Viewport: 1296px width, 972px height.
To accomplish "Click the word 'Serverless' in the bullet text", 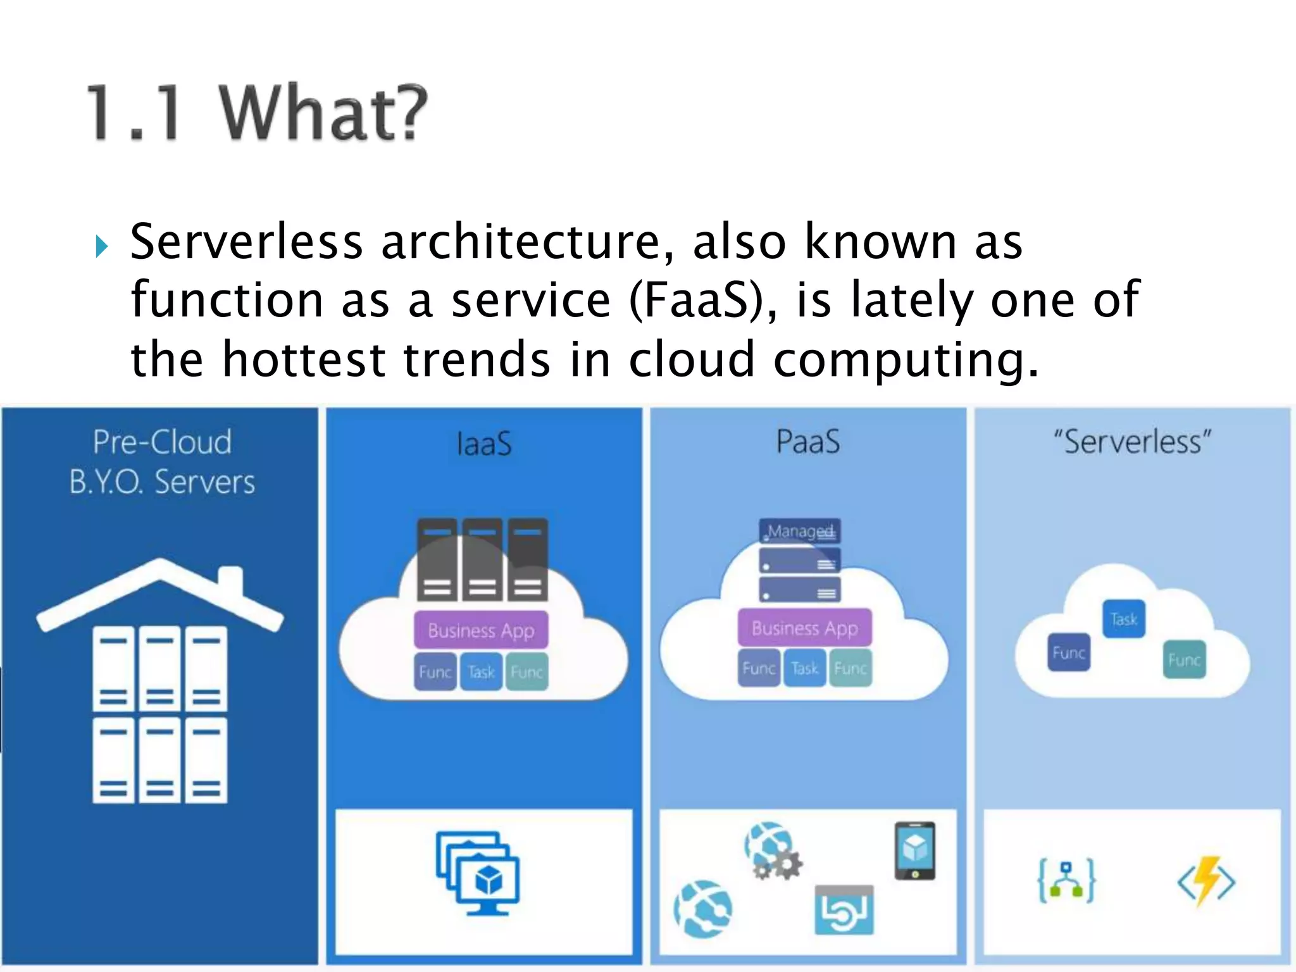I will click(x=246, y=242).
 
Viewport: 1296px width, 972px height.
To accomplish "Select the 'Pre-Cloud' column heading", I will click(x=162, y=442).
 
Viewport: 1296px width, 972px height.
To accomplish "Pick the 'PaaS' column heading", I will click(x=808, y=442).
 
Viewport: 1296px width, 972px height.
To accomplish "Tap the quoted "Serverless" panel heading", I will click(x=1131, y=442).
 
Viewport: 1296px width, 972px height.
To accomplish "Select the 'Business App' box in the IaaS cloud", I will click(x=481, y=630).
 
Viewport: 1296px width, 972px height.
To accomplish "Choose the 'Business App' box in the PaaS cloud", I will click(x=804, y=628).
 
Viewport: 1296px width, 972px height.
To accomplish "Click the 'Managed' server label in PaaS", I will click(x=800, y=531).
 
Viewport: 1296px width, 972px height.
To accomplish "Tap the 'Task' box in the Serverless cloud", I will click(x=1124, y=619).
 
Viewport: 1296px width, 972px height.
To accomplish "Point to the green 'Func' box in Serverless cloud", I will click(x=1184, y=660).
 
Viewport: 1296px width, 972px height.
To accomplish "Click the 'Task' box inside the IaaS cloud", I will click(x=481, y=671).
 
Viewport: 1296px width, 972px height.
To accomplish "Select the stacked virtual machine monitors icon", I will click(x=478, y=873).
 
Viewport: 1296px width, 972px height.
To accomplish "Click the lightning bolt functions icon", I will click(x=1206, y=881).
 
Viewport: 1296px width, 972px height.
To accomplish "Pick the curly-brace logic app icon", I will click(x=1066, y=880).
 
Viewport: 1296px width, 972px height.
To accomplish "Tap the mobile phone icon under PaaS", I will click(x=915, y=850).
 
